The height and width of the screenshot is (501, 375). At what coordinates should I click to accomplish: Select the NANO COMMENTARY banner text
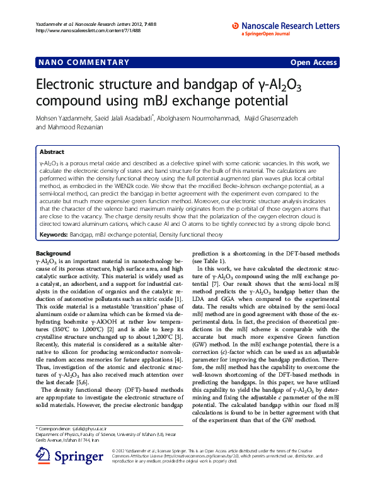pyautogui.click(x=83, y=62)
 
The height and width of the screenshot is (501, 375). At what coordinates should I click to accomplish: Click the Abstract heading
pyautogui.click(x=52, y=152)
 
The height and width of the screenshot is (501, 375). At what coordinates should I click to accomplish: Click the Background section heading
pyautogui.click(x=53, y=254)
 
